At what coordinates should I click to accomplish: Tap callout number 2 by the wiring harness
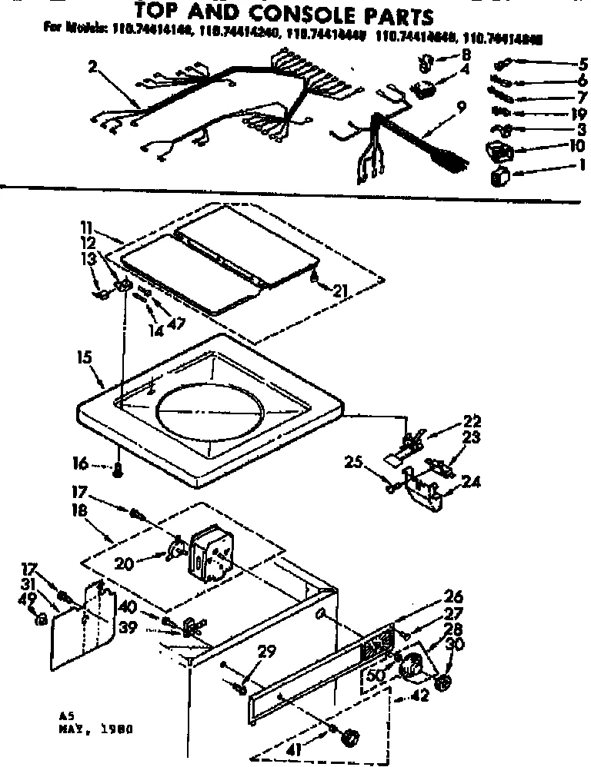click(x=93, y=67)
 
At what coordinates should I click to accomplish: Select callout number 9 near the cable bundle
click(x=461, y=108)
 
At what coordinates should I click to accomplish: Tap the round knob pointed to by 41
click(x=350, y=737)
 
